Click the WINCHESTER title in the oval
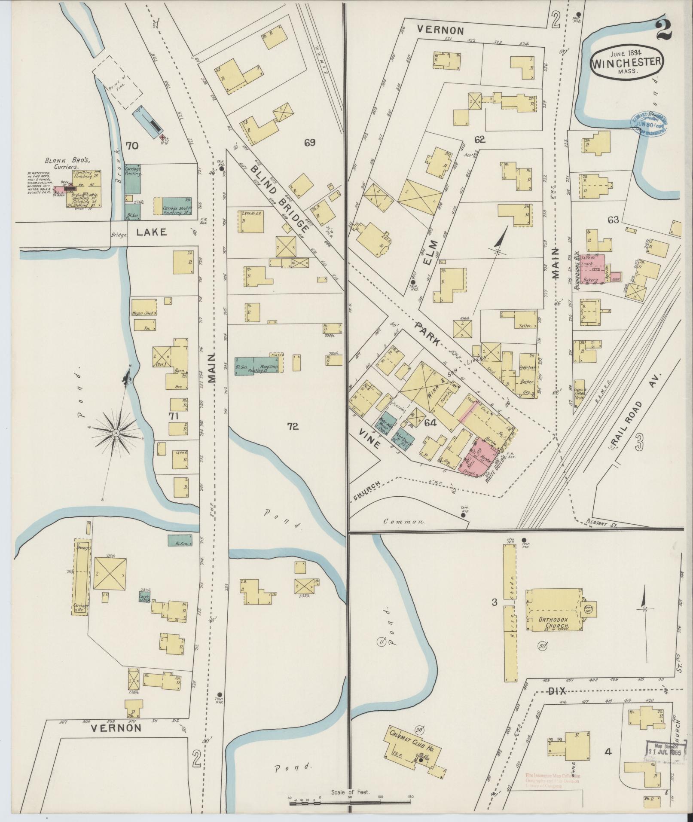[x=627, y=63]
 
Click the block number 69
[x=310, y=143]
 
